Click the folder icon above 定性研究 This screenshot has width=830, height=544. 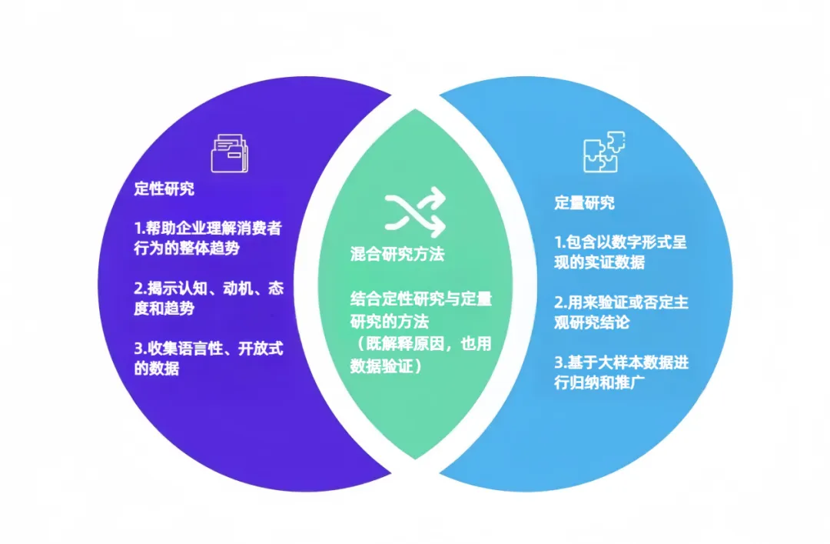[x=230, y=153]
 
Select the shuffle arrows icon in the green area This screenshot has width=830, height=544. [x=415, y=212]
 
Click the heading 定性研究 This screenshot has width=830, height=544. [x=164, y=189]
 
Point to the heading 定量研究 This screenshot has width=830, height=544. [x=585, y=203]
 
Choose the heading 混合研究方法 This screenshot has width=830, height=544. [x=397, y=254]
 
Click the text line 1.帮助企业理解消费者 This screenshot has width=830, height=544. [x=208, y=229]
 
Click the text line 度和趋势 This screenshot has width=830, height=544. [x=164, y=309]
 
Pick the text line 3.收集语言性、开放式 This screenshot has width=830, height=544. [x=208, y=349]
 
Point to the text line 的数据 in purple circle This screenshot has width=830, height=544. [x=157, y=369]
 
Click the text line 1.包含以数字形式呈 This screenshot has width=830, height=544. [x=621, y=242]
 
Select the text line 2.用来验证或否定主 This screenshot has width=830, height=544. [x=621, y=302]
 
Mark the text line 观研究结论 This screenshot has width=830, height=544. [x=592, y=322]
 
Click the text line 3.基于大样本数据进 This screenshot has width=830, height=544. [x=621, y=362]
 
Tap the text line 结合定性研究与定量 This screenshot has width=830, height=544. [x=420, y=299]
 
